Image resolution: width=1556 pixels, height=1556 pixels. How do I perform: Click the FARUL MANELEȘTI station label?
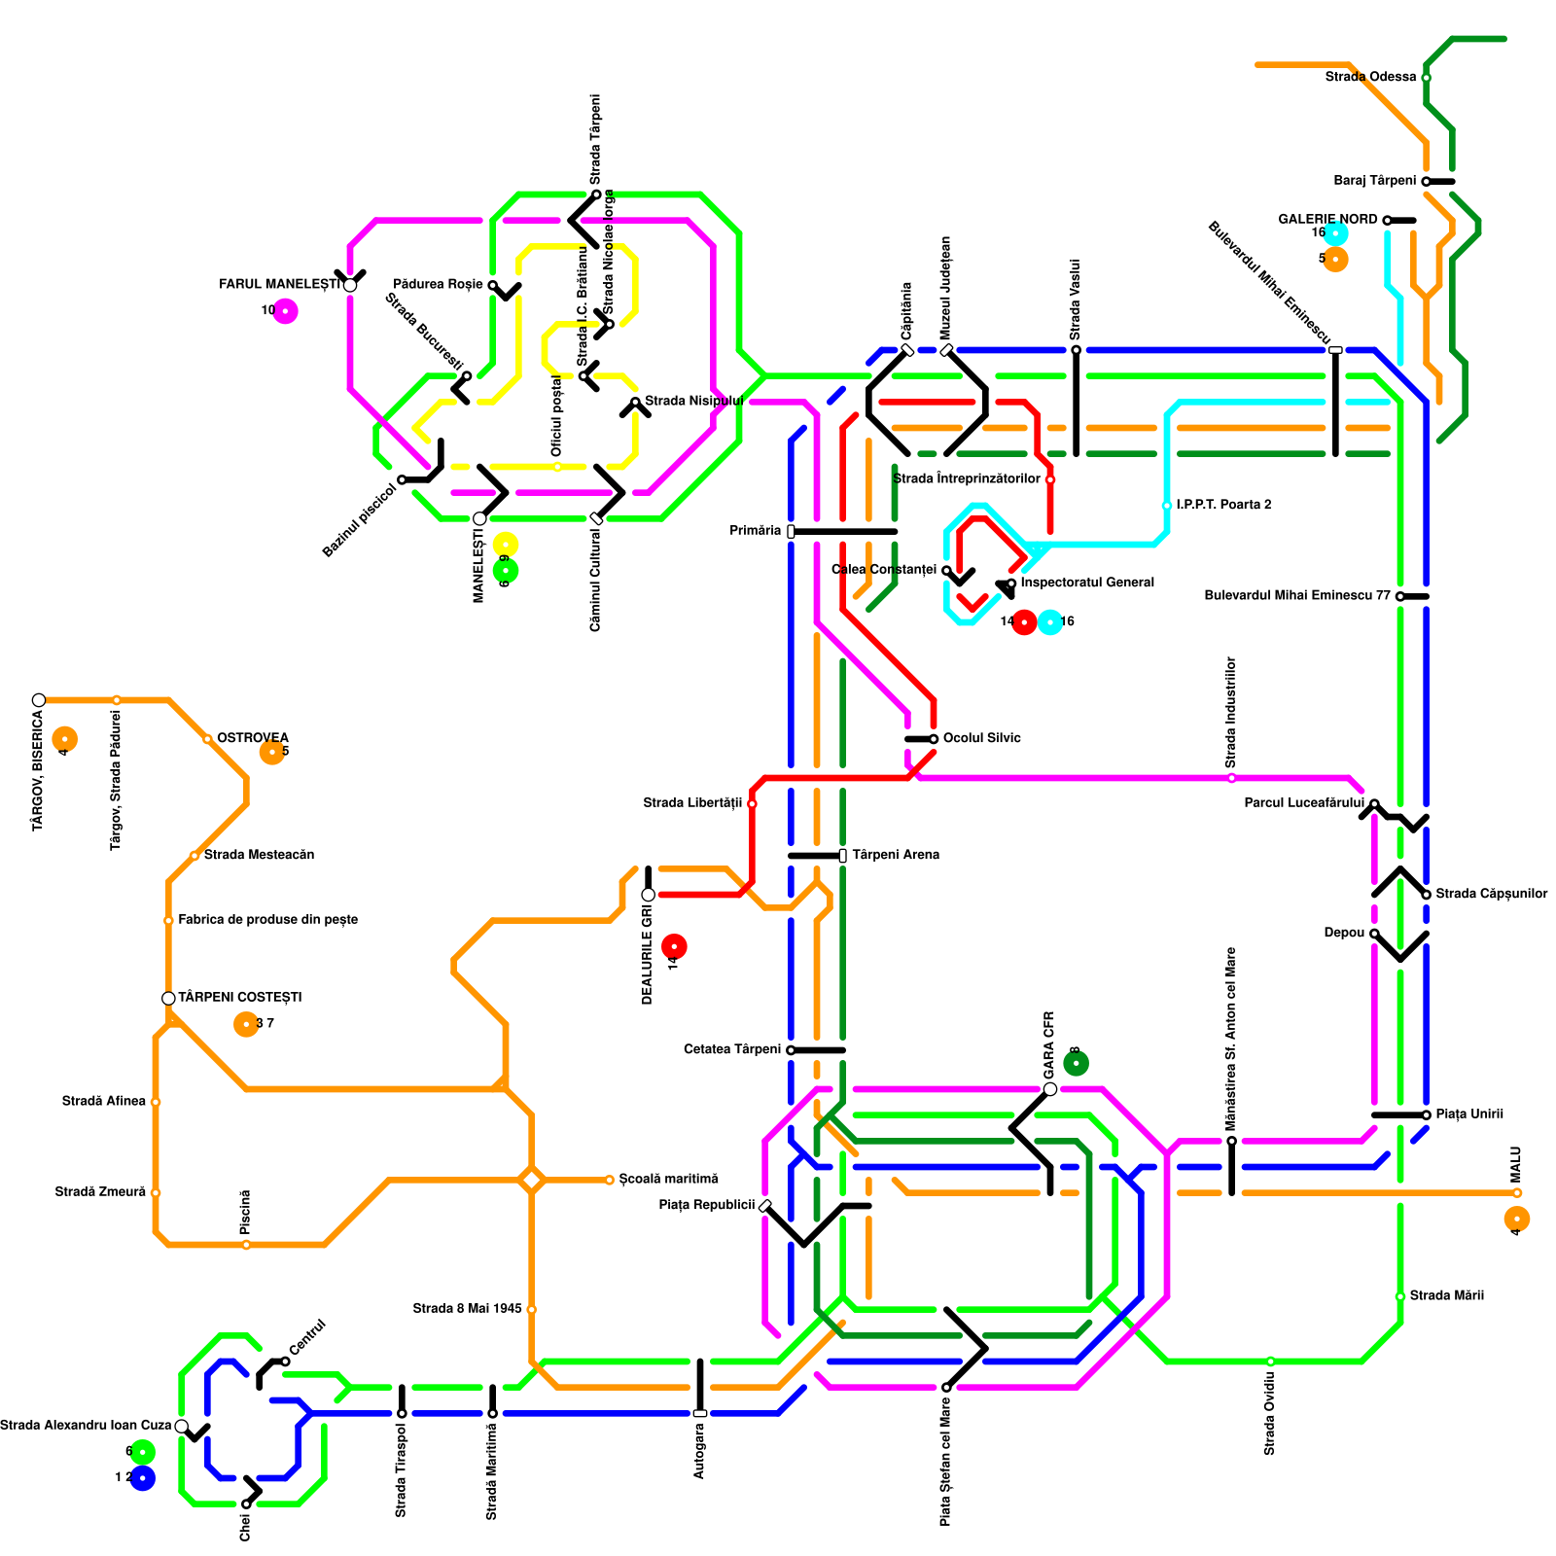[280, 284]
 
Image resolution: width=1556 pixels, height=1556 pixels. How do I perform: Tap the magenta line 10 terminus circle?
[285, 311]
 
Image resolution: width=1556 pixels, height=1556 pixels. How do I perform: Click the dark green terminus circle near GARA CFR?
[1076, 1063]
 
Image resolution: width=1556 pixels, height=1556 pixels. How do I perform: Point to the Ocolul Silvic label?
[981, 738]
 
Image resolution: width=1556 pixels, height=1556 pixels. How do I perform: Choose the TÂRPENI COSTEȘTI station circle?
[168, 998]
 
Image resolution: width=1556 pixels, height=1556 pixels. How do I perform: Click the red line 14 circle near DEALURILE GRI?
[674, 946]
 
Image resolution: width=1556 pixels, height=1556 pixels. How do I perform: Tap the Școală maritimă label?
[668, 1179]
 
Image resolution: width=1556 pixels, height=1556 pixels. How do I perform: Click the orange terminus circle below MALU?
[1516, 1219]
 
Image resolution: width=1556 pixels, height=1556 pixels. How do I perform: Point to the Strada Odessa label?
[1370, 77]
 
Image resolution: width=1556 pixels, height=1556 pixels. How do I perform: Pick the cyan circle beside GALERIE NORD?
[1335, 233]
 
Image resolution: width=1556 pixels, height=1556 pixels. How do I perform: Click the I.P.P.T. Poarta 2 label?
[1223, 505]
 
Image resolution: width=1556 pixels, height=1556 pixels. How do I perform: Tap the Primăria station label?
[756, 531]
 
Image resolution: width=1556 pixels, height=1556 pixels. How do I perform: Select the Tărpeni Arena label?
[896, 855]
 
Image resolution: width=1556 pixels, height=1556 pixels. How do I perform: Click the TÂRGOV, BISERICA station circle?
[39, 699]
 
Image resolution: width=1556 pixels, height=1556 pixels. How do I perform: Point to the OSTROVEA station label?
[252, 738]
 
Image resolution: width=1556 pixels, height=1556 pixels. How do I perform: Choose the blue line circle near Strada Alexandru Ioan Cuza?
[143, 1478]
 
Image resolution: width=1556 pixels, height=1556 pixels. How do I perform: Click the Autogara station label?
[699, 1451]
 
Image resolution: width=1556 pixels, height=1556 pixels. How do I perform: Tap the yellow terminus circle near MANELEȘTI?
[506, 545]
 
